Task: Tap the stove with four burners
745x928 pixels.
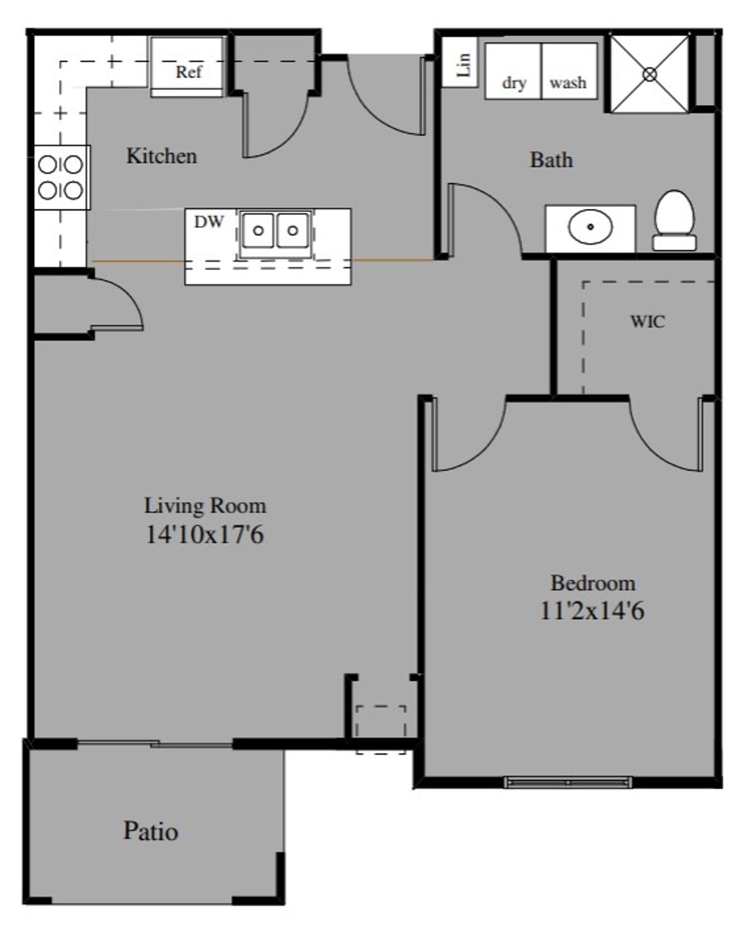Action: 61,177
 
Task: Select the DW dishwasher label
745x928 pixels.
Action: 209,222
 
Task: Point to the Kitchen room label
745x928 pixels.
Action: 161,156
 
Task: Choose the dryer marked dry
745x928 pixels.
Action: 513,72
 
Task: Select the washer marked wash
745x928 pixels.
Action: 569,72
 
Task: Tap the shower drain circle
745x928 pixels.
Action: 650,74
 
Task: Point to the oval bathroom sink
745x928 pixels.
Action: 590,227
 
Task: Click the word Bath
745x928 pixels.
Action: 551,160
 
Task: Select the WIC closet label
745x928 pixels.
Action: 647,321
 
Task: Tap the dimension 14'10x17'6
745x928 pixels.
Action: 204,535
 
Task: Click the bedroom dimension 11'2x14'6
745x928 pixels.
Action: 592,611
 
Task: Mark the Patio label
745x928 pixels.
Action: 151,831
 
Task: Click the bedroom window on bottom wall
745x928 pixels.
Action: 567,782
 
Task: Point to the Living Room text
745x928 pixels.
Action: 205,506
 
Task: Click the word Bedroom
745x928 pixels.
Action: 593,583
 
